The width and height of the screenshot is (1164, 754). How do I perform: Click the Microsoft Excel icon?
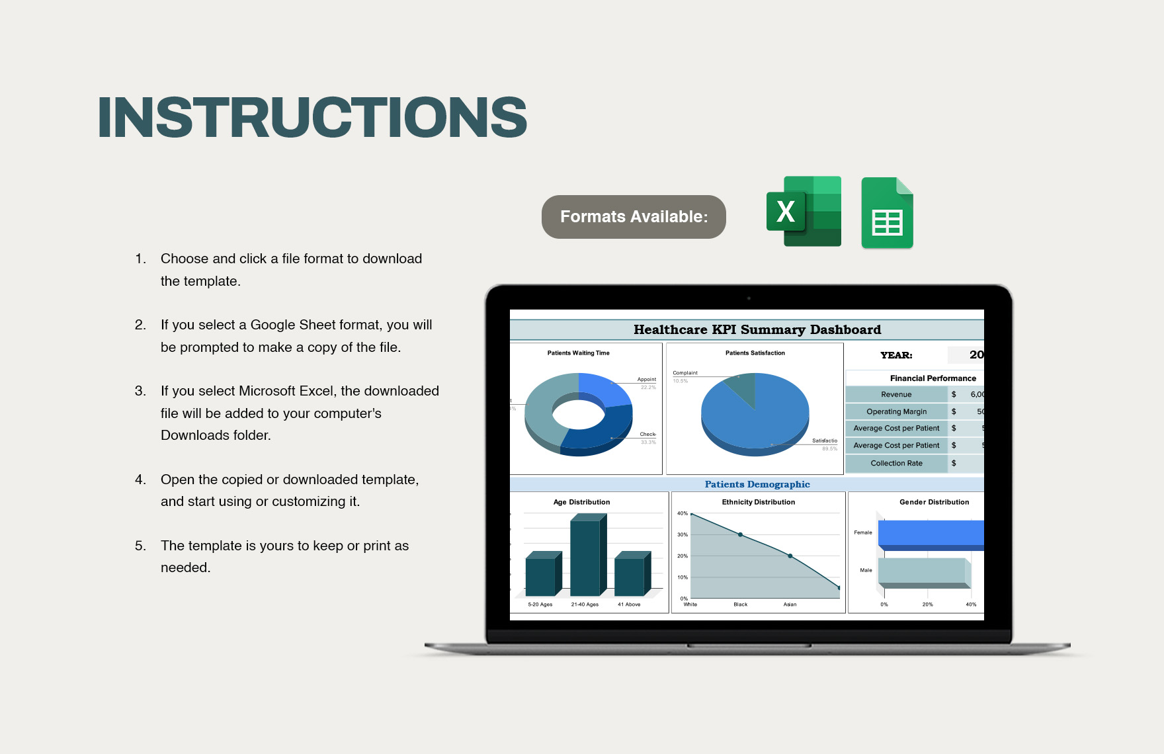[804, 212]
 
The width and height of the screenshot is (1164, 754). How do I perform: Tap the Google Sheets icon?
[887, 213]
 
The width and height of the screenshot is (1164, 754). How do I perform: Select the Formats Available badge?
[634, 217]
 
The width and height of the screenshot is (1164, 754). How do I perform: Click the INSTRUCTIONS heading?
[312, 118]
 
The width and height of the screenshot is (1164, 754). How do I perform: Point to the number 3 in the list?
[140, 391]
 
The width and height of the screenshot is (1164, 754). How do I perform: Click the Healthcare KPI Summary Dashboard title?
[757, 329]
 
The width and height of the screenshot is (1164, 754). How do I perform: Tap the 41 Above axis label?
[628, 605]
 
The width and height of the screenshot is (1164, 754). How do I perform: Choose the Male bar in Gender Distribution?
[922, 571]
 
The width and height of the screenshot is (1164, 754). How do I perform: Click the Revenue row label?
[896, 394]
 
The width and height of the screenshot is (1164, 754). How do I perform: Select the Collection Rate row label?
[896, 463]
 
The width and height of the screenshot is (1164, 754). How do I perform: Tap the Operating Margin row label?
[896, 411]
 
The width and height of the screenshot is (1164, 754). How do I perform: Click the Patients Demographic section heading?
[757, 484]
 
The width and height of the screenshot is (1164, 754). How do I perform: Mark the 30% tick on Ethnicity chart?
[683, 534]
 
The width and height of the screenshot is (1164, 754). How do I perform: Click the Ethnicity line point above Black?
[740, 534]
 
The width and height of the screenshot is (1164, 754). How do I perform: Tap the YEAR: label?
[896, 355]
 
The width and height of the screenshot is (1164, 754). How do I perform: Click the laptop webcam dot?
[749, 298]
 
